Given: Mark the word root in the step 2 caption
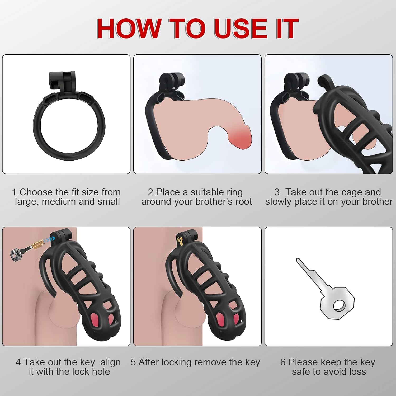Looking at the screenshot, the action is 243,202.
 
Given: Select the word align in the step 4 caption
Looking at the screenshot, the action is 110,362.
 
